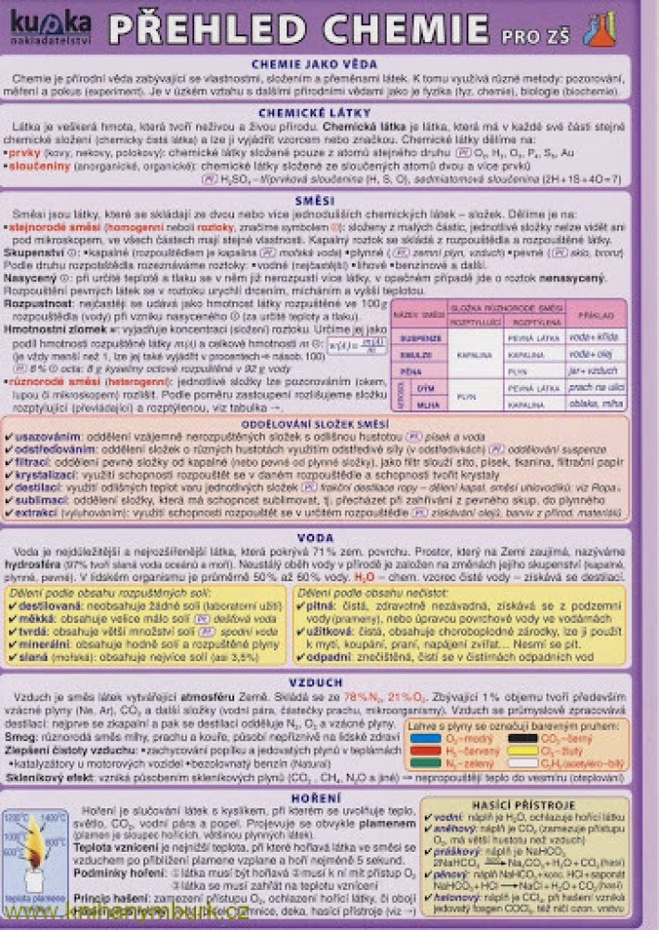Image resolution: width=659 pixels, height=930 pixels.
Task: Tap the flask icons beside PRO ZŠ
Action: (x=599, y=29)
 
